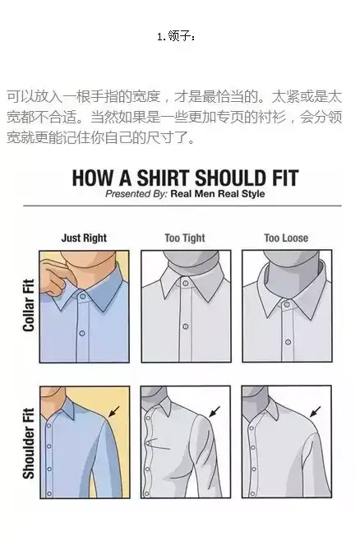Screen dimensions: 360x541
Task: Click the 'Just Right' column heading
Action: [x=84, y=238]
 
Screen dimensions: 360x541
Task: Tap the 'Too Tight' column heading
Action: [x=185, y=238]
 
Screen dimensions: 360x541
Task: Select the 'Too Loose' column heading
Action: [x=286, y=238]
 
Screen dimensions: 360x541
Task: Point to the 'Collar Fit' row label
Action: [x=29, y=305]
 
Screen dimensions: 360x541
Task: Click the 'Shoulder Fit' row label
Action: [x=29, y=443]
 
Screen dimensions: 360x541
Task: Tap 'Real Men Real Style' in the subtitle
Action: [x=218, y=193]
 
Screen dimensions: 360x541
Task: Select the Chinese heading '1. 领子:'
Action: [x=176, y=36]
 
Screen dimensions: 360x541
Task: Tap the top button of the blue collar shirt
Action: [x=83, y=296]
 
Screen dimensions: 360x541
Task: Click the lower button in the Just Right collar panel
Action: [x=82, y=333]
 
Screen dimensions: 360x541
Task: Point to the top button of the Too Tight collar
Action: [x=186, y=284]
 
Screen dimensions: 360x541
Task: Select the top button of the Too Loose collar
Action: [x=287, y=304]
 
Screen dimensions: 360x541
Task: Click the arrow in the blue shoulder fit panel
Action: [x=113, y=412]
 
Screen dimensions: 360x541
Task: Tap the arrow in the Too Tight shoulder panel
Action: [x=215, y=411]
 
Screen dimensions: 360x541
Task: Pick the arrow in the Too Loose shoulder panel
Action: [x=315, y=412]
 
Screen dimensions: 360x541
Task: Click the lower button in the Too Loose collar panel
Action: [x=288, y=342]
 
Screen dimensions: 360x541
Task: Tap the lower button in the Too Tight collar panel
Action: [x=186, y=326]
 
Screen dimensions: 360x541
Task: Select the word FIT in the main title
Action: [x=285, y=178]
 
